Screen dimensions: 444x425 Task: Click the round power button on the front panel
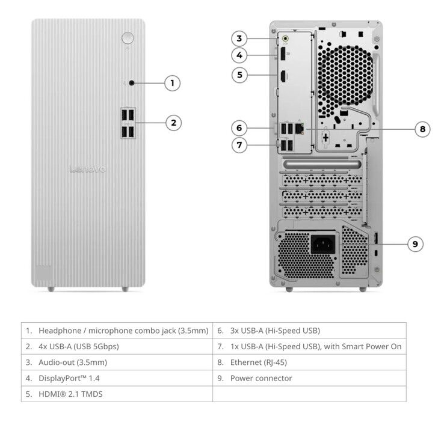coord(128,38)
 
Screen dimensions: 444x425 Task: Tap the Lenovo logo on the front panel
coord(88,169)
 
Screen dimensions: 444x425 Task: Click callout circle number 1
coord(172,83)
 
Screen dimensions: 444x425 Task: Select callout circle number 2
coord(173,123)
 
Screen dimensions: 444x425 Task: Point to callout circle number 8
coord(422,129)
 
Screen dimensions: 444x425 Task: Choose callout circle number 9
coord(415,244)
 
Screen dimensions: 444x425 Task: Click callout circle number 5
coord(239,75)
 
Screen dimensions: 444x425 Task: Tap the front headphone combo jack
coord(132,83)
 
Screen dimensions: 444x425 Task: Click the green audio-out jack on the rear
coord(285,38)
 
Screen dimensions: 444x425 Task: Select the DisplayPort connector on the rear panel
coord(283,54)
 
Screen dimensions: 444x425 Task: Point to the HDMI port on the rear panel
coord(283,77)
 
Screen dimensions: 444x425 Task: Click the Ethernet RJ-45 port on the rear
coord(299,129)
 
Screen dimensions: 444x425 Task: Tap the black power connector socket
coord(323,244)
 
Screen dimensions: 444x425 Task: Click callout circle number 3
coord(239,38)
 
